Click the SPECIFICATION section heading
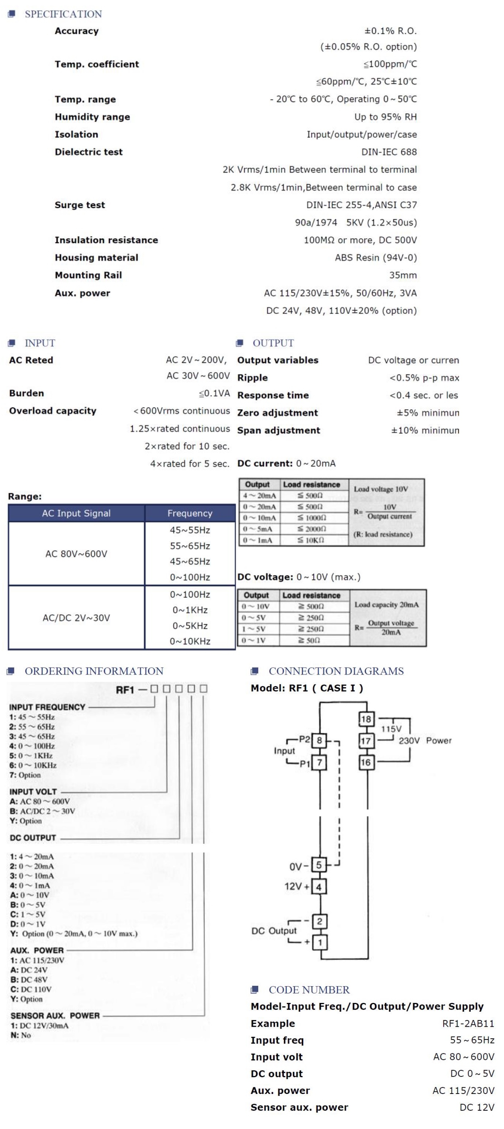(63, 14)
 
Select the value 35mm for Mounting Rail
(403, 275)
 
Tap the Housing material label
(96, 258)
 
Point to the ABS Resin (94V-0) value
(376, 258)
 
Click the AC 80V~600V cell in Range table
(76, 554)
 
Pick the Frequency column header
(189, 513)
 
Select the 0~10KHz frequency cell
(190, 641)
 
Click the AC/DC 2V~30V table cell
(76, 617)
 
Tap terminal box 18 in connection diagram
(365, 719)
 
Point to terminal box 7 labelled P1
(319, 763)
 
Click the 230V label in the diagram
(409, 741)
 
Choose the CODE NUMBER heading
(309, 990)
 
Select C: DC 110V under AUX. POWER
(31, 989)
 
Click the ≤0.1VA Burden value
(214, 393)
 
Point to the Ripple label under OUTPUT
(252, 378)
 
